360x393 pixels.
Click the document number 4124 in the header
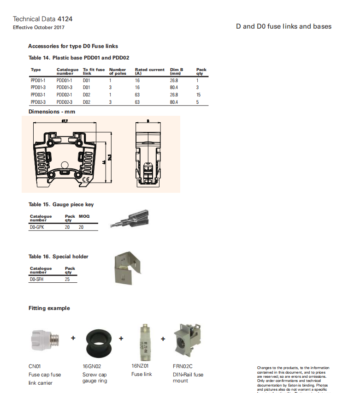click(65, 19)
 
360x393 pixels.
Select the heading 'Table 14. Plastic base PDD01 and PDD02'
click(79, 58)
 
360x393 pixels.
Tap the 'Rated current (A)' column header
click(149, 71)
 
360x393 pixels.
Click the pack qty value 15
click(198, 95)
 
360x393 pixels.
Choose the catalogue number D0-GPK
click(37, 227)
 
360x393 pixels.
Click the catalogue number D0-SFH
click(37, 279)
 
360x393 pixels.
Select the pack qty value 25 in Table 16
click(68, 279)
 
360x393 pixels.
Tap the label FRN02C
click(183, 366)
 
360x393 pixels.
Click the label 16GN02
click(92, 366)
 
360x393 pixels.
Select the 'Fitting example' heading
click(49, 308)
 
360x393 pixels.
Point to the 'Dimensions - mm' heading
click(52, 112)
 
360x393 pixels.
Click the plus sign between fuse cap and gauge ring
click(73, 338)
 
